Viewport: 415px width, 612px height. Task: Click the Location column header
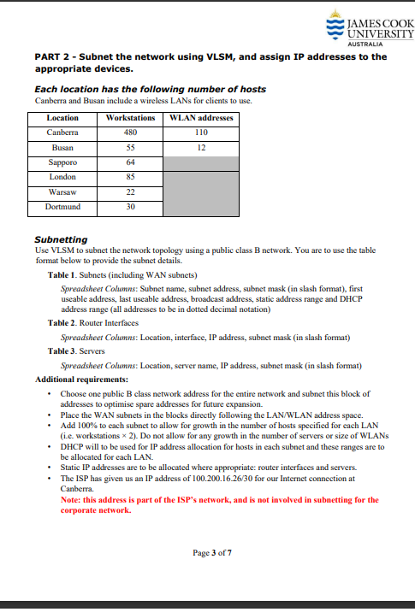[62, 118]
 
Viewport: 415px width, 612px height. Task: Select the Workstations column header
[130, 118]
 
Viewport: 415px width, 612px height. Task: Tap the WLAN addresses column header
[201, 118]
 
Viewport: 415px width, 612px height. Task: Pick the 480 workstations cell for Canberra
[130, 132]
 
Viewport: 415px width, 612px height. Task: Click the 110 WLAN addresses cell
[201, 132]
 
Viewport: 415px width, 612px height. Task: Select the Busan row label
[62, 147]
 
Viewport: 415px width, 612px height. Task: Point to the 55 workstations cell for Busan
[130, 147]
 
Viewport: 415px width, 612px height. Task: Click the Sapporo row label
[62, 162]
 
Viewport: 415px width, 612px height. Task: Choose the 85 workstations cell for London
[130, 177]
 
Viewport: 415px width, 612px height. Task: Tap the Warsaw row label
[62, 191]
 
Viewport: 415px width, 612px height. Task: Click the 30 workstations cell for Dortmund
[130, 207]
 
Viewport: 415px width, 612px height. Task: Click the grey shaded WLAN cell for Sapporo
[201, 162]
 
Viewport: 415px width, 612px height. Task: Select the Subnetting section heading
[60, 239]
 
